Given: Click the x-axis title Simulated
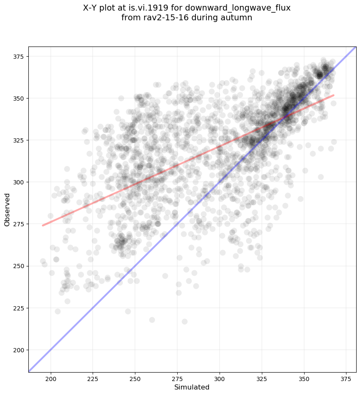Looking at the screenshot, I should pyautogui.click(x=192, y=387).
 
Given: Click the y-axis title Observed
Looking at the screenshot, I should pyautogui.click(x=7, y=209).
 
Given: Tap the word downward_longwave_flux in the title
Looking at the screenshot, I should pyautogui.click(x=251, y=8).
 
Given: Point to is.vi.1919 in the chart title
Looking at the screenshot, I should pyautogui.click(x=173, y=8).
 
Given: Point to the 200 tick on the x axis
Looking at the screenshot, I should pyautogui.click(x=51, y=378).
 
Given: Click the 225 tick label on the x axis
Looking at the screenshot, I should pyautogui.click(x=93, y=378).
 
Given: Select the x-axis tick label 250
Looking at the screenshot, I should pyautogui.click(x=135, y=378).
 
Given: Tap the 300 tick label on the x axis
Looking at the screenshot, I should pyautogui.click(x=220, y=378).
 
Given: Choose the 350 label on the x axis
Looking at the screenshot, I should pyautogui.click(x=304, y=378).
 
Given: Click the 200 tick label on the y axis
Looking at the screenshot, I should pyautogui.click(x=19, y=350).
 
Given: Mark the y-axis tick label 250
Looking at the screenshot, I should pyautogui.click(x=19, y=266).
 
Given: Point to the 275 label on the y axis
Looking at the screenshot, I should pyautogui.click(x=19, y=224).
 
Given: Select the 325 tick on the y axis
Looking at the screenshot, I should pyautogui.click(x=19, y=140).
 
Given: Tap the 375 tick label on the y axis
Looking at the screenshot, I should pyautogui.click(x=19, y=57).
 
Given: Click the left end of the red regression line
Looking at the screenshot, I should pyautogui.click(x=43, y=225).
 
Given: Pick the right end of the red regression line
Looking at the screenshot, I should pyautogui.click(x=333, y=95).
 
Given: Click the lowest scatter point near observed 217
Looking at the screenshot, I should pyautogui.click(x=184, y=321).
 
